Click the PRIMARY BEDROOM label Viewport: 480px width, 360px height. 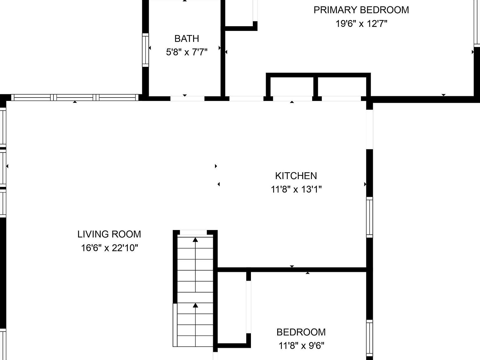click(x=361, y=10)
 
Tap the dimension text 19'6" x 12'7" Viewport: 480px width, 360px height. click(x=361, y=24)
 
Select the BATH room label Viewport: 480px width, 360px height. click(x=187, y=38)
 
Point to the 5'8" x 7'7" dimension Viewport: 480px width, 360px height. click(x=187, y=52)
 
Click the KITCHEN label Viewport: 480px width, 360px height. click(x=296, y=176)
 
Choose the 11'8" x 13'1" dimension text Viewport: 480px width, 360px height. click(x=296, y=189)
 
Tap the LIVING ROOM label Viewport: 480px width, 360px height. click(x=109, y=234)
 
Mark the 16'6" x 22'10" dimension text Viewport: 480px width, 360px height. click(x=109, y=248)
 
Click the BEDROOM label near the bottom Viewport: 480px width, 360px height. click(x=301, y=332)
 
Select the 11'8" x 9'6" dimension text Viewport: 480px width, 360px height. click(x=301, y=346)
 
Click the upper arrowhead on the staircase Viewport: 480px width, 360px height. click(x=195, y=240)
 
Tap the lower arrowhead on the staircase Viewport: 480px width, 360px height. click(x=195, y=305)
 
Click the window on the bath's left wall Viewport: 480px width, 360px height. click(x=146, y=50)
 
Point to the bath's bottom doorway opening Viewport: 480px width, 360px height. click(x=187, y=98)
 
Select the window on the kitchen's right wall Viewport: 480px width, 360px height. click(x=369, y=217)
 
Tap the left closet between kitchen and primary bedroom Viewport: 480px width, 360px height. click(x=292, y=86)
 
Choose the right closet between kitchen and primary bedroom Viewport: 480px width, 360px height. click(x=342, y=86)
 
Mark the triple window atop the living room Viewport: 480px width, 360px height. click(x=75, y=97)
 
